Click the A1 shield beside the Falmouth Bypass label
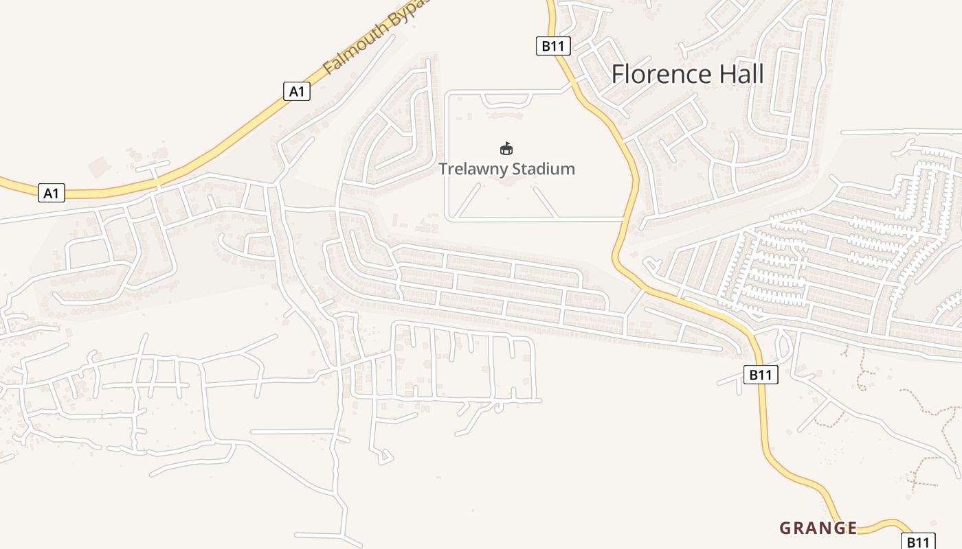point(297,91)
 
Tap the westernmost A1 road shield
point(52,194)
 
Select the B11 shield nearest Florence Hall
point(553,46)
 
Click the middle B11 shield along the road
point(761,375)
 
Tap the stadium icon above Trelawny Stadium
point(506,148)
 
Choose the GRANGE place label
point(818,528)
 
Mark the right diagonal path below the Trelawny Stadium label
point(544,201)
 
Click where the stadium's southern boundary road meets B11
point(623,219)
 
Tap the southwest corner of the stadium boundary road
point(448,218)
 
